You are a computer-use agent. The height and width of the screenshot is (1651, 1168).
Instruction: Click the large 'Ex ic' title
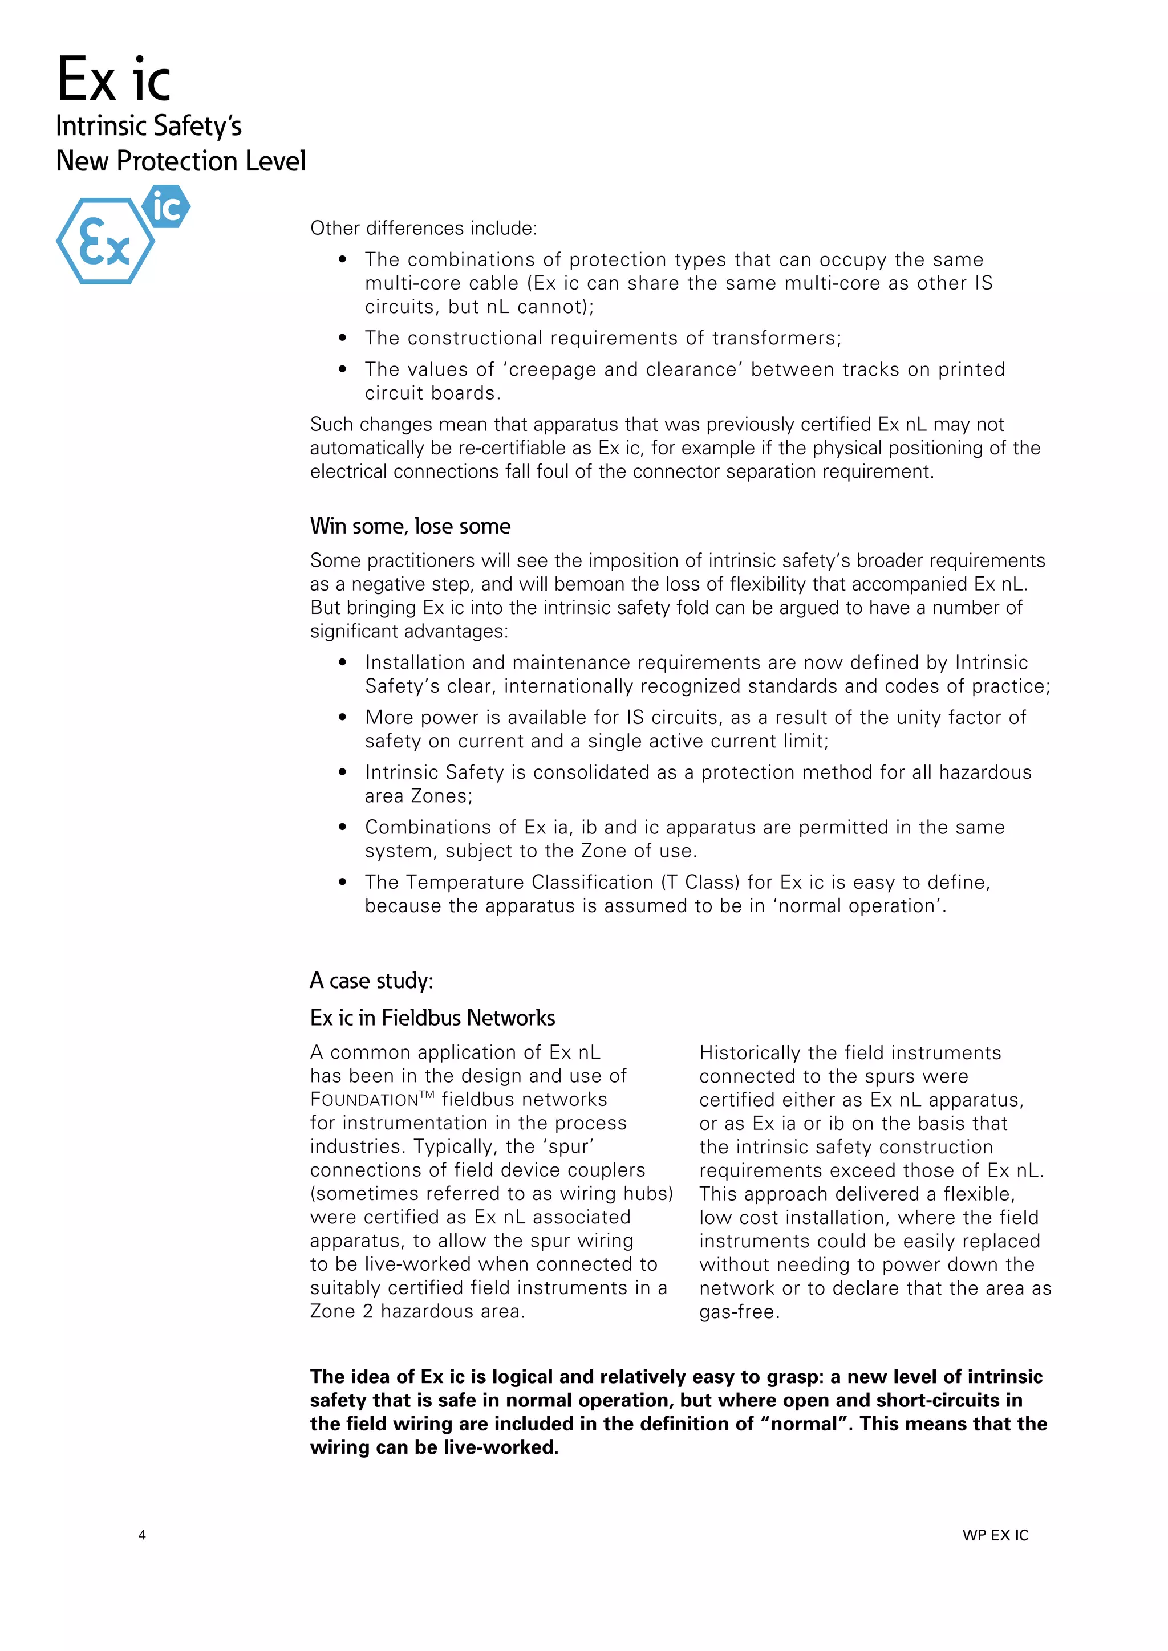113,80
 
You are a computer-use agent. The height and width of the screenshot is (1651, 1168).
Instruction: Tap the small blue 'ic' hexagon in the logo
166,207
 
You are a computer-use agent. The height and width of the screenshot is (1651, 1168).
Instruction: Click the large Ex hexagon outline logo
105,242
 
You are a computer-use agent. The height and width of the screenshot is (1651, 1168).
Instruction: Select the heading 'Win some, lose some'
410,526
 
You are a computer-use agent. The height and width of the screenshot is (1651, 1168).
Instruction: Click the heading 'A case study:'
371,981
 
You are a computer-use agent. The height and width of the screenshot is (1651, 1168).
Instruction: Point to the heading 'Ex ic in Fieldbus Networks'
432,1018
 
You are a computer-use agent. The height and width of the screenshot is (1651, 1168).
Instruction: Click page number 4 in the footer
143,1535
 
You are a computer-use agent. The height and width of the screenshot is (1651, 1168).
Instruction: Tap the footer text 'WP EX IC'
995,1535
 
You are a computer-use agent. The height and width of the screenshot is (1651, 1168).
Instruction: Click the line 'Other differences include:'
424,229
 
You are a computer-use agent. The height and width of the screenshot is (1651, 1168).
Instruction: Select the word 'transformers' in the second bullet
775,338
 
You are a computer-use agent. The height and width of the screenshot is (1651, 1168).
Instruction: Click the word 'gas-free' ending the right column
737,1312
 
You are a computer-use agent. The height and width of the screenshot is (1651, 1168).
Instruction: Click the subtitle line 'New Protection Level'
181,161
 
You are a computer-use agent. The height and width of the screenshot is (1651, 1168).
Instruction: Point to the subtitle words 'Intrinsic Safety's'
149,126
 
